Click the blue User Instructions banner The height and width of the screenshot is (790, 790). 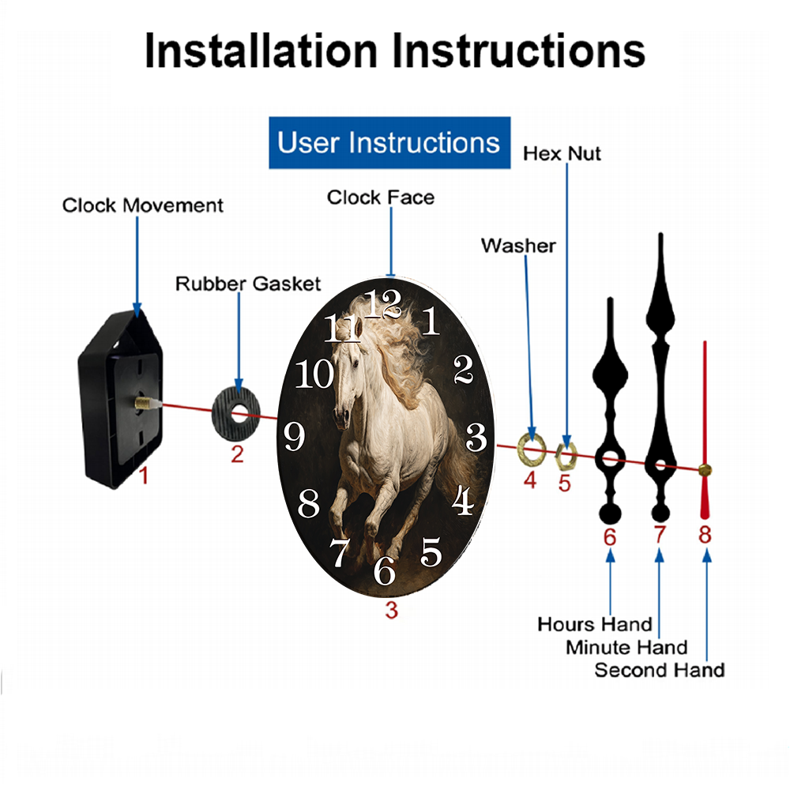389,142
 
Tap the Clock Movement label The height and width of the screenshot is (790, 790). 142,205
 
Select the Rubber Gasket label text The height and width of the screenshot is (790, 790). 248,284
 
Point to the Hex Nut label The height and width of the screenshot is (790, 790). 562,154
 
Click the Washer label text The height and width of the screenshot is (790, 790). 518,246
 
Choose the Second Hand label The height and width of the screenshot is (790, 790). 660,670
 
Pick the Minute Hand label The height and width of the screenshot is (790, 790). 626,648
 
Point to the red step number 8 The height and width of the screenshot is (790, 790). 705,535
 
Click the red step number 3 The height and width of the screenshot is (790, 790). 392,610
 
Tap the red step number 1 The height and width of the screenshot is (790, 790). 144,476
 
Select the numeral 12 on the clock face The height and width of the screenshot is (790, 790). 383,304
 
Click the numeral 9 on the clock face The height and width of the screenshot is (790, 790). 294,436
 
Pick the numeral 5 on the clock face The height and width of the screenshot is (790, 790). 431,551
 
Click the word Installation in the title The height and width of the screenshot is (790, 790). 261,51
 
